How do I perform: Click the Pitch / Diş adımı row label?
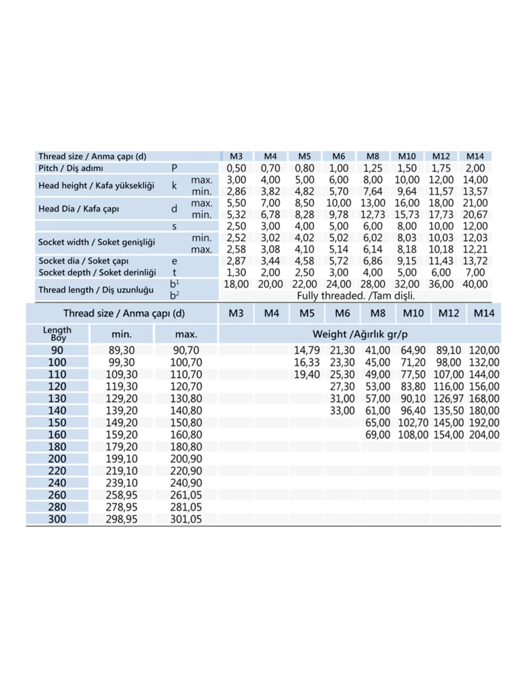pos(71,168)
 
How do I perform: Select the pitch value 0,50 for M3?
pos(236,168)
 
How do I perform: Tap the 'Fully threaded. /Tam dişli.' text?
pos(356,296)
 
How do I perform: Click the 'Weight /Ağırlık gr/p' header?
pos(360,334)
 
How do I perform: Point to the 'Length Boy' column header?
pos(57,334)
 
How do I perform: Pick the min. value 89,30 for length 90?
pos(121,350)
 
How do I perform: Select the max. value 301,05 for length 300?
pos(186,519)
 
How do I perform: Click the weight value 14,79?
pos(307,350)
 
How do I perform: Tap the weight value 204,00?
pos(484,435)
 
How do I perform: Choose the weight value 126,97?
pos(449,398)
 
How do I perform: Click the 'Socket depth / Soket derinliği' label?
pos(97,273)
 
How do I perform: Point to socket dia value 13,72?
pos(475,261)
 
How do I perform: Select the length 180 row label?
pos(57,447)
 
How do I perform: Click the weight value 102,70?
pos(413,423)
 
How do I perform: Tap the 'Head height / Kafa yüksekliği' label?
pos(96,185)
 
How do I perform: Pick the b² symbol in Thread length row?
pos(174,295)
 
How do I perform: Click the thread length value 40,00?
pos(475,284)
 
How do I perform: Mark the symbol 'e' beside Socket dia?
pos(174,261)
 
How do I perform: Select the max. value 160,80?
pos(186,435)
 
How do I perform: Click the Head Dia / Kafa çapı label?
pos(79,209)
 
